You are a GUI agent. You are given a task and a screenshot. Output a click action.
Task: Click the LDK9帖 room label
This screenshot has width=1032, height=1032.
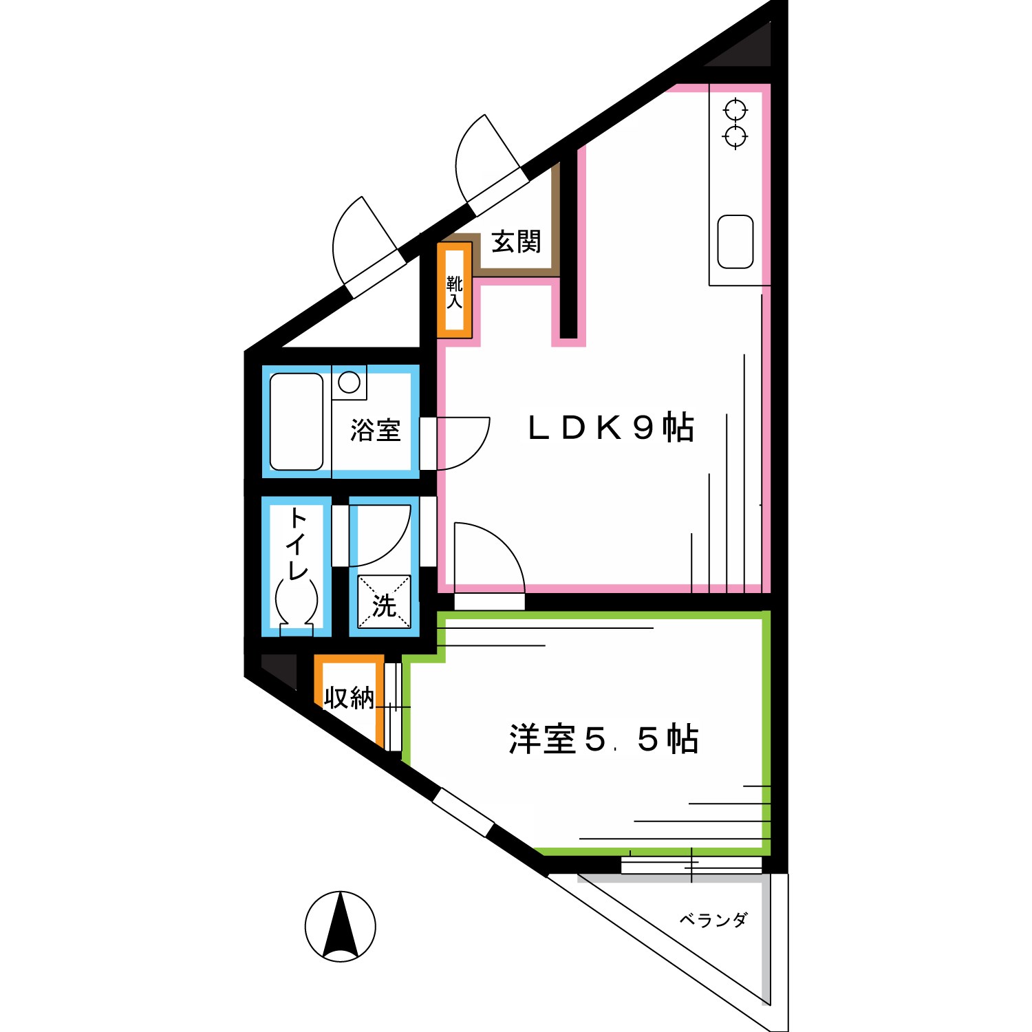(x=610, y=428)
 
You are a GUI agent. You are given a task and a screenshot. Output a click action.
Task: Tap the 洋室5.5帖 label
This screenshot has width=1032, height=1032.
(x=603, y=740)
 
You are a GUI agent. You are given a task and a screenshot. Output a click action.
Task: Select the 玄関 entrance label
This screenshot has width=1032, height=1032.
(x=516, y=242)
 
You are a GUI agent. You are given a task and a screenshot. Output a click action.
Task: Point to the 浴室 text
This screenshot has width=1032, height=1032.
(x=375, y=431)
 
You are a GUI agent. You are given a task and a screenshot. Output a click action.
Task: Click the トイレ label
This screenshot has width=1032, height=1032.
(x=297, y=544)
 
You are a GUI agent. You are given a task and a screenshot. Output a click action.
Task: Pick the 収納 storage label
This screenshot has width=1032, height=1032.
(x=350, y=698)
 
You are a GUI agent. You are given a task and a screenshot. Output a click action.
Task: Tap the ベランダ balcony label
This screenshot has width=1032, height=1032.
(x=713, y=920)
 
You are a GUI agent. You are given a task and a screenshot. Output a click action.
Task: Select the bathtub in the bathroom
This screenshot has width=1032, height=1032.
(x=297, y=422)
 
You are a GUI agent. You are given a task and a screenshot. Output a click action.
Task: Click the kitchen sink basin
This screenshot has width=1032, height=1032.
(x=735, y=241)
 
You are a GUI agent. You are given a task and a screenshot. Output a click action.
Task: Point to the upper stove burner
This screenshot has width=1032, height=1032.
(x=735, y=109)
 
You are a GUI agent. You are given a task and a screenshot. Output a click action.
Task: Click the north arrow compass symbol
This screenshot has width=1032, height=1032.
(x=341, y=927)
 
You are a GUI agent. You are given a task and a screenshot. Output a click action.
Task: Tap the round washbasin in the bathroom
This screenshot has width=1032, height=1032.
(x=350, y=383)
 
